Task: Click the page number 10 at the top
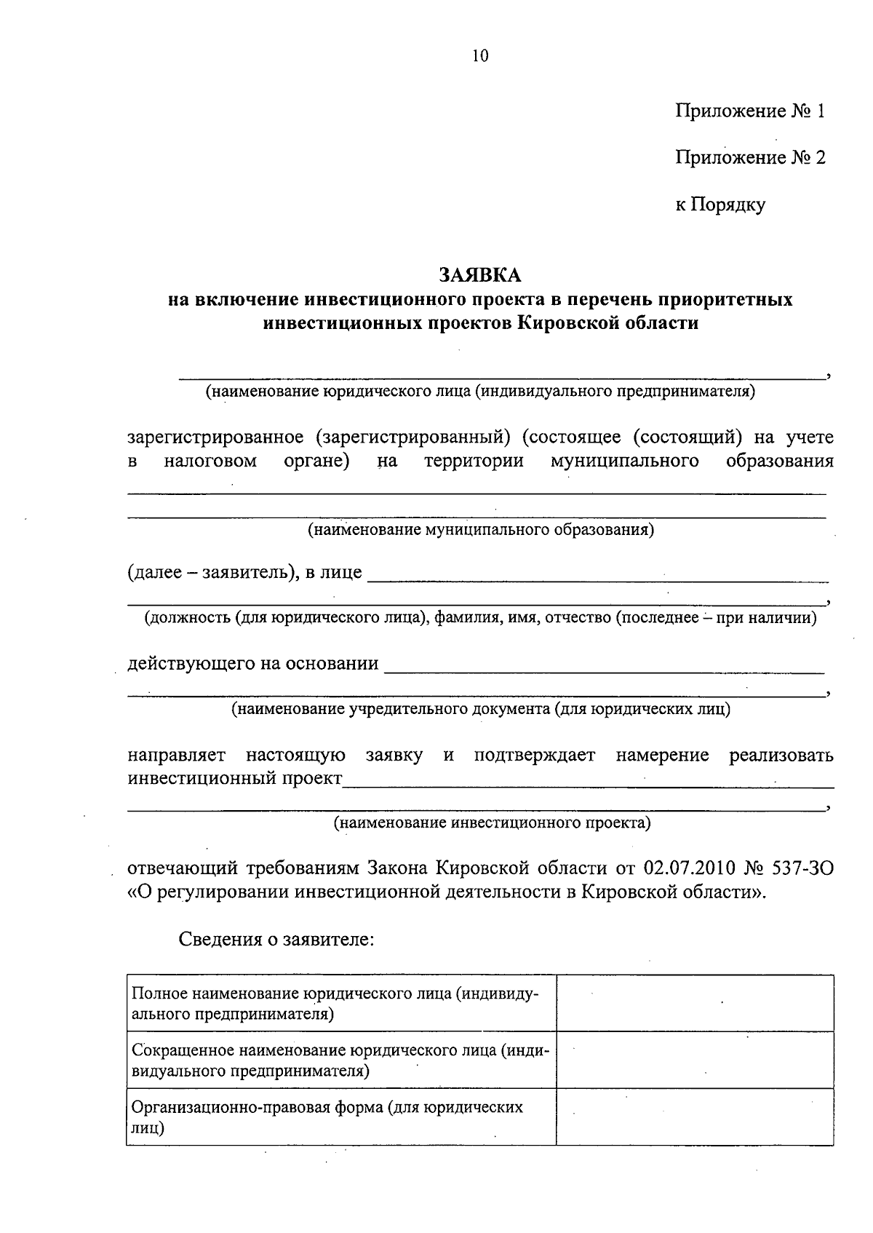(480, 57)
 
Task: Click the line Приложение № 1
(750, 111)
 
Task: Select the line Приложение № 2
(750, 158)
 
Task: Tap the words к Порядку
(720, 205)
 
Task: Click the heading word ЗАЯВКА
(480, 275)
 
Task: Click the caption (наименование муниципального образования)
(480, 530)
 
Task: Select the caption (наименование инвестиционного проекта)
(492, 823)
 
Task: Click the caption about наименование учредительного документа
(480, 709)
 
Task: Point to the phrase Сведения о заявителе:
(276, 939)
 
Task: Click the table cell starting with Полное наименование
(340, 1004)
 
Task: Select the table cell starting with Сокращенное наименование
(340, 1060)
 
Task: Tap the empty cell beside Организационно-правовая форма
(695, 1117)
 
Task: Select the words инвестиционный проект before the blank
(235, 778)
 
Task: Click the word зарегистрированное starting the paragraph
(215, 437)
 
